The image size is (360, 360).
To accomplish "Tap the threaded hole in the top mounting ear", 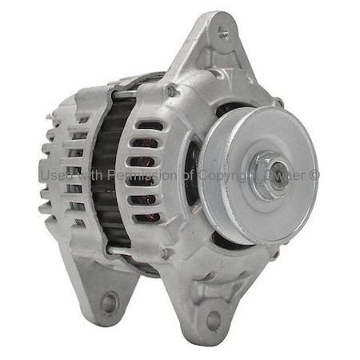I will [x=222, y=33].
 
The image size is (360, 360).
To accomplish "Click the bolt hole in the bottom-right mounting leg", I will [x=213, y=321].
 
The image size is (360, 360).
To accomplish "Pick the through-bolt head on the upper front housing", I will [x=170, y=90].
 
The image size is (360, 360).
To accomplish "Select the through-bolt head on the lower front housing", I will [x=166, y=254].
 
